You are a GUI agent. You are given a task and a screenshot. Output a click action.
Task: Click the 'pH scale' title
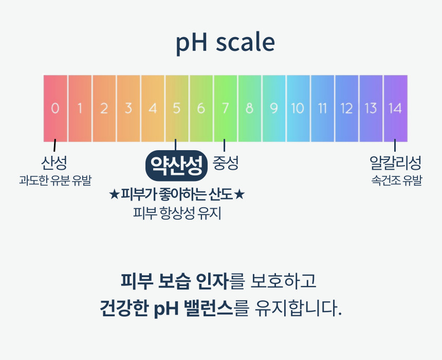[225, 42]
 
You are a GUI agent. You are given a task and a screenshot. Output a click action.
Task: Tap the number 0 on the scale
[56, 109]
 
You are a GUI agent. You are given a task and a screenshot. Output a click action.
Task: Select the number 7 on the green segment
[225, 109]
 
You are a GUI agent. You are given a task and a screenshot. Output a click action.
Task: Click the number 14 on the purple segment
[395, 109]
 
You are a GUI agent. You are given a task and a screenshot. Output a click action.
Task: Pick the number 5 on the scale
[177, 109]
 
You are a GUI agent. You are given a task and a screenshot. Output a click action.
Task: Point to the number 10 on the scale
[298, 109]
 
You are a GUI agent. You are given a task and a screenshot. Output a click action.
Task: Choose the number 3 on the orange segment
[128, 109]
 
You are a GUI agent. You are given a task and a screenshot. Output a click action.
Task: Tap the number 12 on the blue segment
[346, 109]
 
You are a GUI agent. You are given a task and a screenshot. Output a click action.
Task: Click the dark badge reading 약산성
[176, 166]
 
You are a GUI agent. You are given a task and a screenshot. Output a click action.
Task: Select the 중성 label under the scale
[226, 163]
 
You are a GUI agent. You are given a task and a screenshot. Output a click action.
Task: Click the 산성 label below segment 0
[54, 163]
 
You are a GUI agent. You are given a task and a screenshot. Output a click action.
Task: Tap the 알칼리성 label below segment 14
[395, 163]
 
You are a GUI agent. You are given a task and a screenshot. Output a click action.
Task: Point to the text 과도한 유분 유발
[56, 181]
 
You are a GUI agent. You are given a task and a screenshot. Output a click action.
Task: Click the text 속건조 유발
[397, 181]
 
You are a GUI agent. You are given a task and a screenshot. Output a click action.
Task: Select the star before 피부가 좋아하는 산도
[114, 194]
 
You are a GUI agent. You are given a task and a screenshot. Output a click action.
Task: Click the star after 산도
[239, 194]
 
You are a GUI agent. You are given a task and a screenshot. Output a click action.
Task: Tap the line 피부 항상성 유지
[177, 213]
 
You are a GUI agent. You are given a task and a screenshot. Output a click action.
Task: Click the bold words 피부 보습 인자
[175, 281]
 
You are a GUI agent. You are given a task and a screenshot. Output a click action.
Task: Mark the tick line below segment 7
[225, 145]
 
